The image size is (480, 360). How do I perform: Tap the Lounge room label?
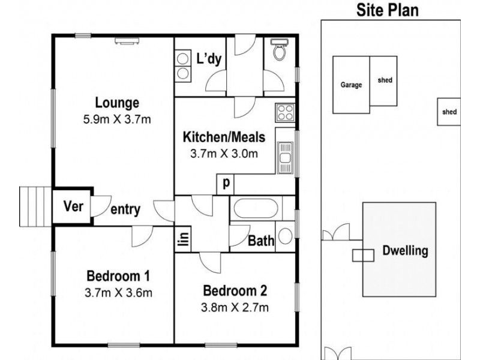tap(116, 103)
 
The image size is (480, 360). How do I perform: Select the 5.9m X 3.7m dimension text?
tap(116, 119)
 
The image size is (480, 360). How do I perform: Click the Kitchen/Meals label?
tap(224, 137)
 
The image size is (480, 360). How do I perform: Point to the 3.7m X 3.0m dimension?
tap(224, 153)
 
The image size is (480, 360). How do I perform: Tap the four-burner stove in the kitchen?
tap(284, 112)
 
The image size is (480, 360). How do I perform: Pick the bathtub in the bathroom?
tap(254, 209)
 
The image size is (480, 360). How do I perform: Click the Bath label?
tap(262, 241)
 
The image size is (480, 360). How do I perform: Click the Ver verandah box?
tap(73, 208)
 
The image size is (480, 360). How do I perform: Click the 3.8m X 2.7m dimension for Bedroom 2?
tap(235, 308)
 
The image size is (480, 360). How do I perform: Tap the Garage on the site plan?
tap(352, 85)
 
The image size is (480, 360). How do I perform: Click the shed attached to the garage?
tap(384, 80)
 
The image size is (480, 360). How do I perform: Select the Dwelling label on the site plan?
tap(406, 251)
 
